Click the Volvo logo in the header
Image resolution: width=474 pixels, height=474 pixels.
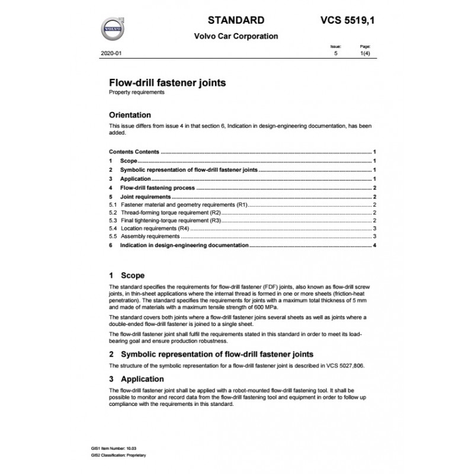[x=113, y=27]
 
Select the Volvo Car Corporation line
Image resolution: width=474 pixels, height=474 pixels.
[x=236, y=36]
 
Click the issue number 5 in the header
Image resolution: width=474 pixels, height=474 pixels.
[x=336, y=53]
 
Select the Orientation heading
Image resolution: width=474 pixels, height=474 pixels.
[x=130, y=115]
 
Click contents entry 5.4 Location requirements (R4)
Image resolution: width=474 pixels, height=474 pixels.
[x=154, y=228]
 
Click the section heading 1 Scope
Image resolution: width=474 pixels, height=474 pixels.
[x=127, y=276]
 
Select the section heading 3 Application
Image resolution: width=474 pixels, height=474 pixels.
[x=136, y=379]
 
